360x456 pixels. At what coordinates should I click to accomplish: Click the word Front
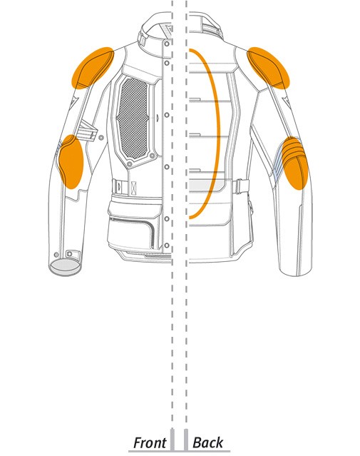tap(150, 442)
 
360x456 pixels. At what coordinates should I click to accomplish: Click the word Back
tap(207, 442)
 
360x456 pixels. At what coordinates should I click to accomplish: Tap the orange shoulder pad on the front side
tap(93, 68)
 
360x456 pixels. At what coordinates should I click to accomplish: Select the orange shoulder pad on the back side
tap(268, 68)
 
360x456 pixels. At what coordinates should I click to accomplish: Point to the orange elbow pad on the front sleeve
tap(71, 162)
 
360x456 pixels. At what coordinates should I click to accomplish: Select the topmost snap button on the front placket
tap(167, 44)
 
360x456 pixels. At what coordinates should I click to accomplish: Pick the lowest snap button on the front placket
tap(167, 245)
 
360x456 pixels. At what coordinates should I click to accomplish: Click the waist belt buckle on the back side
tap(240, 186)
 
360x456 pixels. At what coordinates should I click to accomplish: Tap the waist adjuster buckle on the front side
tap(120, 186)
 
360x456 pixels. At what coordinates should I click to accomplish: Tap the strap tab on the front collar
tap(142, 39)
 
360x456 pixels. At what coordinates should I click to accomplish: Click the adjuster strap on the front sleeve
tap(88, 131)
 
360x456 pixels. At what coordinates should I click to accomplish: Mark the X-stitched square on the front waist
tap(133, 188)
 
